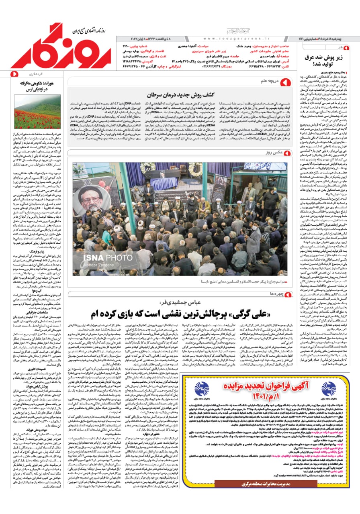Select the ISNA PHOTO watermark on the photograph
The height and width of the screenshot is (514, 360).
pos(102,257)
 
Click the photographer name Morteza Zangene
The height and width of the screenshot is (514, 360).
pos(99,266)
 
